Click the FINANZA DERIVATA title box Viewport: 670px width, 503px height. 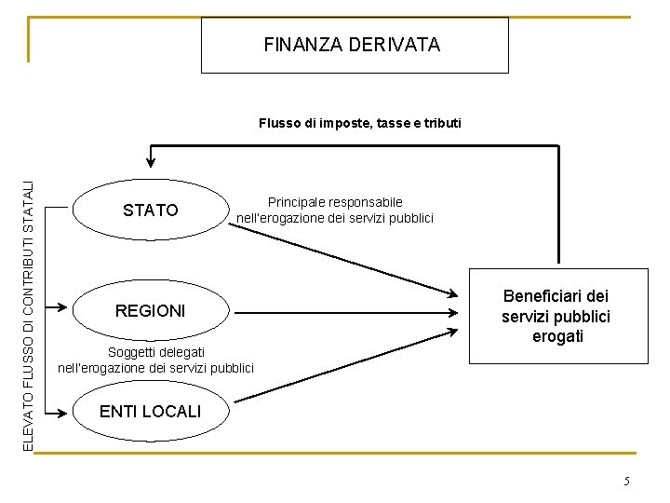tap(355, 45)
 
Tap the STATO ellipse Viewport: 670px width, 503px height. tap(150, 211)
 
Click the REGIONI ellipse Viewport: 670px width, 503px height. tap(150, 310)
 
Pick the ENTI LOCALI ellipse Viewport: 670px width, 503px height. tap(150, 411)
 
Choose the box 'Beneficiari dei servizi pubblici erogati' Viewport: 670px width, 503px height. tap(556, 316)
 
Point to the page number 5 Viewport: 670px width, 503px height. tap(627, 481)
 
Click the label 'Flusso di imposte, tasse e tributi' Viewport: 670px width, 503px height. tap(359, 123)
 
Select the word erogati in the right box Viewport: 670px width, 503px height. tap(557, 336)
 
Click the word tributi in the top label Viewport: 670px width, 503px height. tap(441, 123)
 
